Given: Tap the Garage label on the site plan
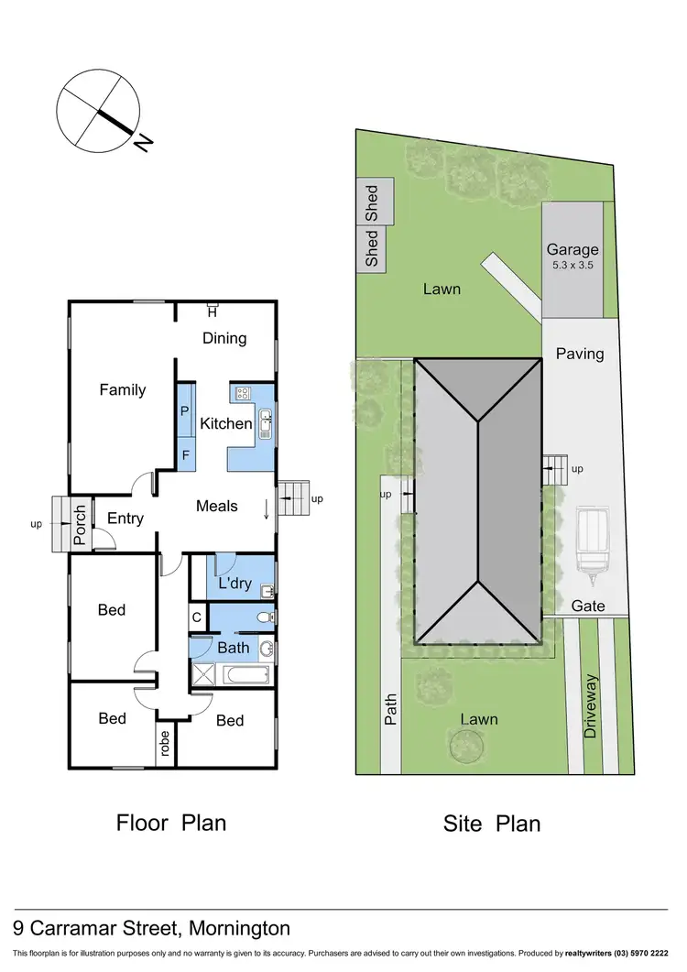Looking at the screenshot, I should point(572,249).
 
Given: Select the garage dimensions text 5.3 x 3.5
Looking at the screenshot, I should point(574,266).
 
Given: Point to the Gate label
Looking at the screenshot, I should point(587,606).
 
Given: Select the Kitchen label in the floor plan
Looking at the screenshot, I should point(226,423).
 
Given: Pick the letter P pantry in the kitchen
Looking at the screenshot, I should point(184,411).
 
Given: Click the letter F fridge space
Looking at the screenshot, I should point(184,453).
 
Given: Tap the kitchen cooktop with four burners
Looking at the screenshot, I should point(244,394).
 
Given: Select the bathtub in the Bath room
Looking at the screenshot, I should point(245,677).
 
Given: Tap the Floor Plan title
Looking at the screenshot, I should point(170,823).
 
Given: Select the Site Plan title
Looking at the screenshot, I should point(492,824).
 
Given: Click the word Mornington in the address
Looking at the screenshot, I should point(239,928).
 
